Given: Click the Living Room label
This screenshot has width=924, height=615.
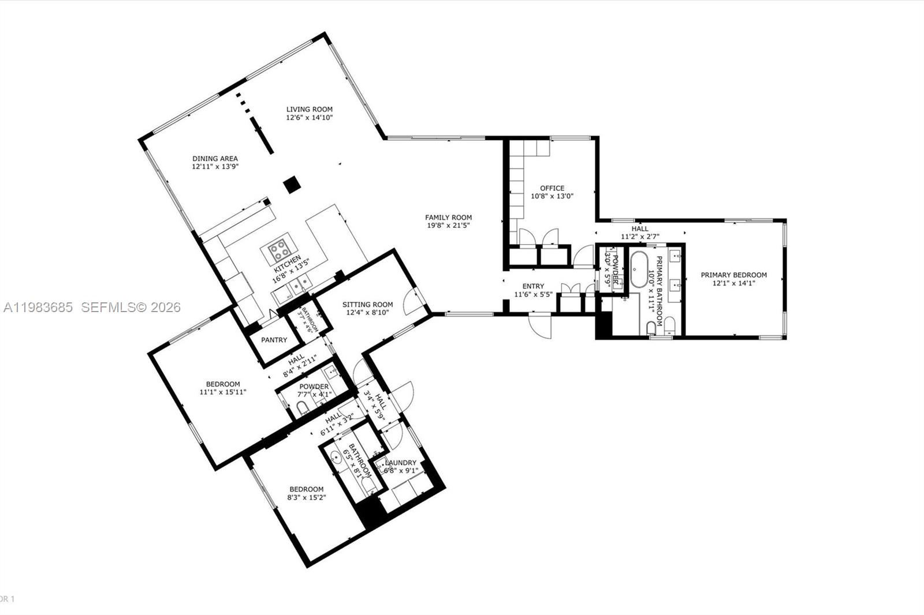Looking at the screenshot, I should coord(310,109).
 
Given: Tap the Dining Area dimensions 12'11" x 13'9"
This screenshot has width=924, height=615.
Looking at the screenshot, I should coord(215,166).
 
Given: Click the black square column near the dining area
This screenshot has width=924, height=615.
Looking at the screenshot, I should coord(292,185).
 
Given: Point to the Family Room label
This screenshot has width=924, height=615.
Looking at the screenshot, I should coord(448,217).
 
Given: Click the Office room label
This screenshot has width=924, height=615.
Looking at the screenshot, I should coord(552,188).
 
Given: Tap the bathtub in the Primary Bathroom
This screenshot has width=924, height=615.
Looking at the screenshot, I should coord(638,269).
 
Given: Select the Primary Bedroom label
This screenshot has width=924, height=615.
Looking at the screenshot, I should coord(733,275).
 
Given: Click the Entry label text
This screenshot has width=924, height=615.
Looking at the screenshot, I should coord(533,286).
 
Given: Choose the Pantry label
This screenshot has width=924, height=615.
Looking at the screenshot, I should coord(274,340).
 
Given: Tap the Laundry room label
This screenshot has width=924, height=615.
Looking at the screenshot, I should coord(400,463).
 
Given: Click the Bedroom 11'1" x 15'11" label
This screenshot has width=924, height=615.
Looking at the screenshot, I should coord(223,384).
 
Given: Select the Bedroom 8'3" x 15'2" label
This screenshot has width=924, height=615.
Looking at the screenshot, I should coord(307,489).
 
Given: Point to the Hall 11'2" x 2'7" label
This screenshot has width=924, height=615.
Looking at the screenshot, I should coord(639,229).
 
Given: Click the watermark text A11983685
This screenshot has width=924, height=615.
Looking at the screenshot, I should coord(38,307).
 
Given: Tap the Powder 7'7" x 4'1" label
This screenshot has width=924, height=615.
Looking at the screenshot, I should coord(314,387).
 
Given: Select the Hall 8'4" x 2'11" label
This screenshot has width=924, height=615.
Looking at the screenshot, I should coord(297,359).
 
